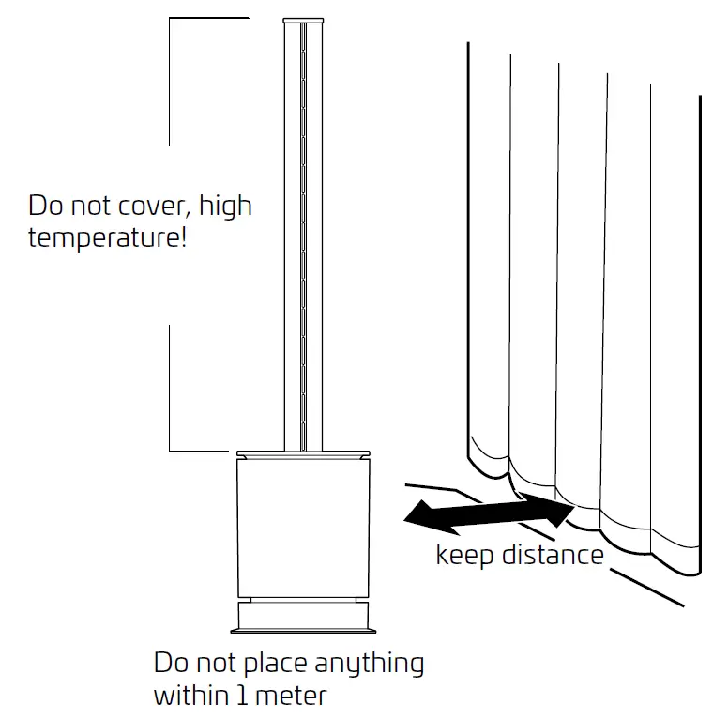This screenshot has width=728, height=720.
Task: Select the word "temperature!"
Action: coord(107,237)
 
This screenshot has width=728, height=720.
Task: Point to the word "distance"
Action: coord(553,555)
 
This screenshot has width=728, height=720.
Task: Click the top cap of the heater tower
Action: coord(305,21)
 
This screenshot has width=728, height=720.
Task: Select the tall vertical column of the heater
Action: coord(305,235)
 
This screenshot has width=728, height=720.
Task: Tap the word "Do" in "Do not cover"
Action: coord(45,206)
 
